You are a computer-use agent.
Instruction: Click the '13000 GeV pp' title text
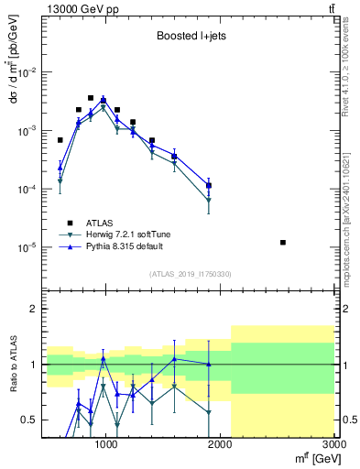[x=78, y=8]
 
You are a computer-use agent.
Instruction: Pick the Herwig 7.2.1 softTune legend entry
[x=125, y=234]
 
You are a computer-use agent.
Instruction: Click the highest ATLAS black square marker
[x=91, y=98]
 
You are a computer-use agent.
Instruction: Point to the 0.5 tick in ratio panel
[x=31, y=420]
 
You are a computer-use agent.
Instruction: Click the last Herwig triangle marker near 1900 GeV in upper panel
[x=209, y=200]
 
